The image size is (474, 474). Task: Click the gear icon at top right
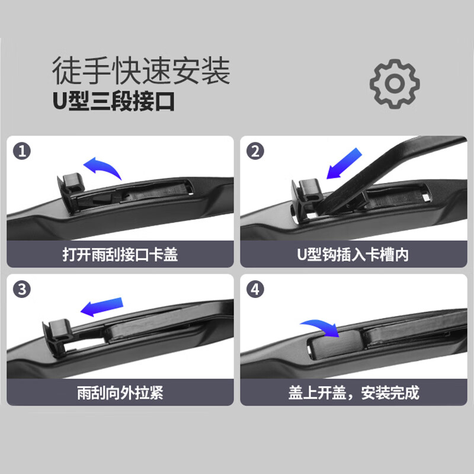tap(394, 83)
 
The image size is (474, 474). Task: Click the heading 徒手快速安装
tap(140, 71)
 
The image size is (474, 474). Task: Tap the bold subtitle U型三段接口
tap(113, 101)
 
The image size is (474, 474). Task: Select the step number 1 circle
tap(22, 152)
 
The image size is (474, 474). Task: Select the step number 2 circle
tap(255, 152)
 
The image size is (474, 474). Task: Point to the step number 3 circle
tap(22, 290)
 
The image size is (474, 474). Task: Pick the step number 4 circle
tap(255, 290)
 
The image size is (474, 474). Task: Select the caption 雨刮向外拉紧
tap(120, 393)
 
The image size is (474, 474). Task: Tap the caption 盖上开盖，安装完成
tap(353, 393)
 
